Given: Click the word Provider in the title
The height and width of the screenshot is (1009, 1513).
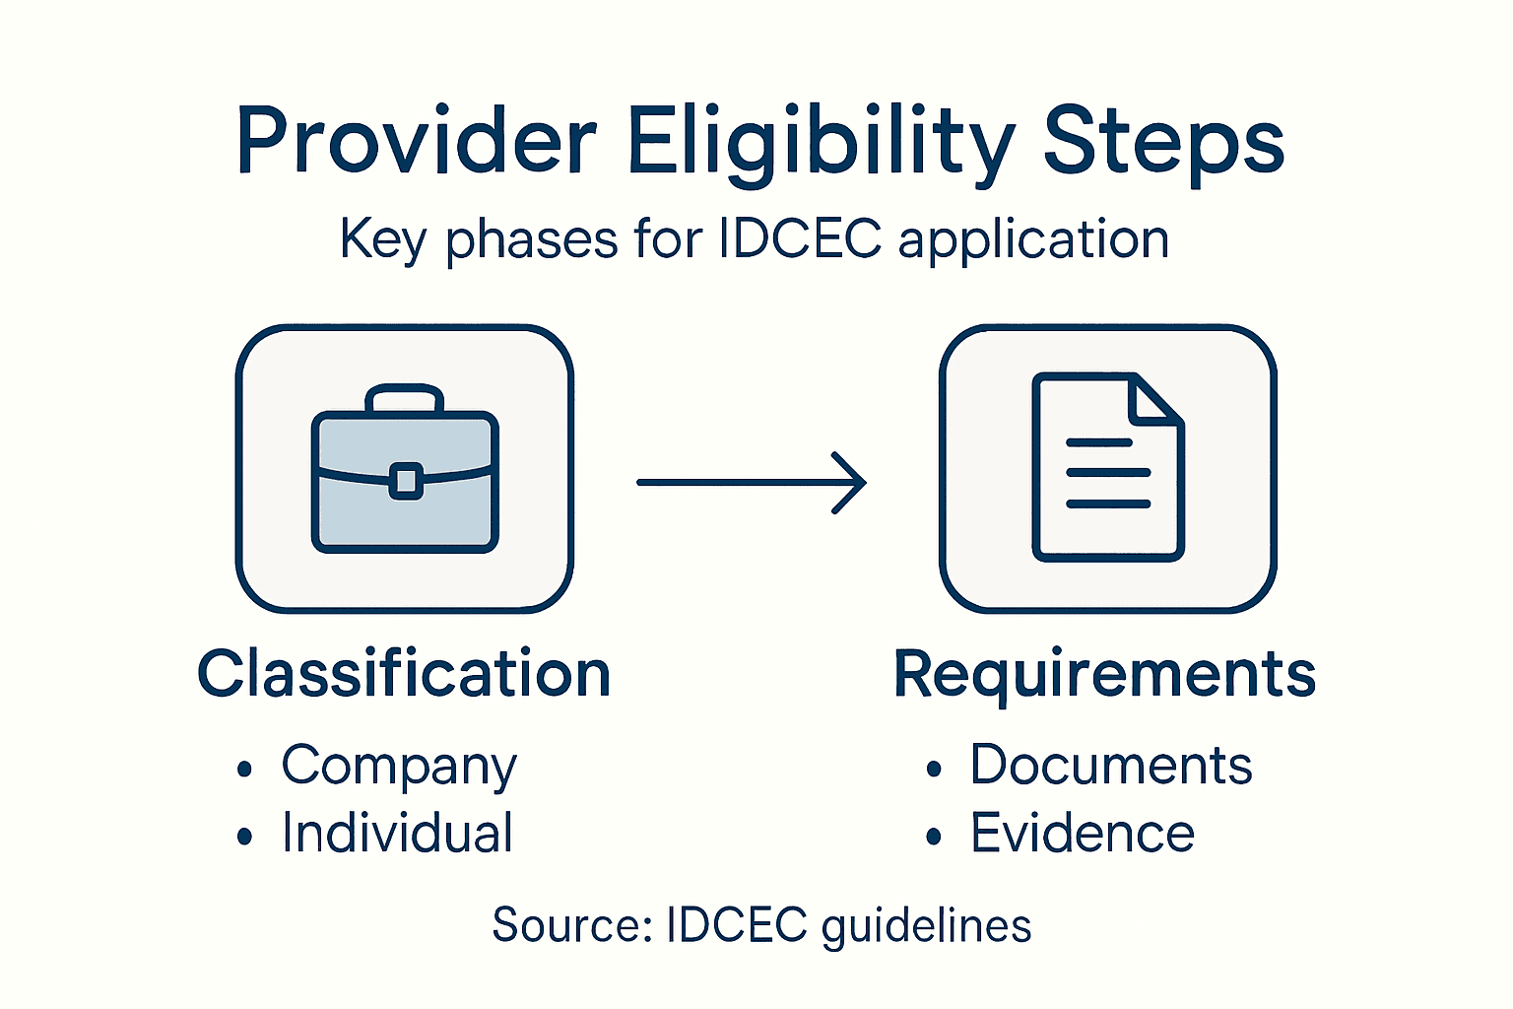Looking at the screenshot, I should coord(416,141).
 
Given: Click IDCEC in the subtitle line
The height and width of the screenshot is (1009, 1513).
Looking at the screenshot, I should coord(800,239).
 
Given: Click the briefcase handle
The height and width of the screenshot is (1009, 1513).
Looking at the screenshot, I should coord(404,396).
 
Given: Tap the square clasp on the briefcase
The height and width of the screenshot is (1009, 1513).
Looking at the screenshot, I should coord(405,482).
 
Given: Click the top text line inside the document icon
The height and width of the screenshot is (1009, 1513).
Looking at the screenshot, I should coord(1098,442).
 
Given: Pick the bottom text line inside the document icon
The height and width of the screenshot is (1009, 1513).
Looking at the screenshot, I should coord(1108,504).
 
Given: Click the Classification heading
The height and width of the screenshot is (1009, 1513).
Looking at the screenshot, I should coord(404,674).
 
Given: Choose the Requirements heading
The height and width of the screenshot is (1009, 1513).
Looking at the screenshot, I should coord(1104,674).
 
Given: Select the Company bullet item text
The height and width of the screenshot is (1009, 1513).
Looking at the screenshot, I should coord(398,767).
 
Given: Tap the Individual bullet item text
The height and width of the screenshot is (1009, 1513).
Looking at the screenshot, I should coord(397,833).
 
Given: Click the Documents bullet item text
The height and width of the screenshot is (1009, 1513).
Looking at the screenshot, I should coord(1110,765).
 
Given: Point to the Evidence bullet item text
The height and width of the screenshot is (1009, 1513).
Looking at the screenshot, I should coord(1082,833).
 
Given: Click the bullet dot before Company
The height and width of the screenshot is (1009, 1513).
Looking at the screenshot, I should coord(245,770).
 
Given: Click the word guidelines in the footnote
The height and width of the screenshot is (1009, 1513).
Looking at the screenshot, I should coord(926,926).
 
